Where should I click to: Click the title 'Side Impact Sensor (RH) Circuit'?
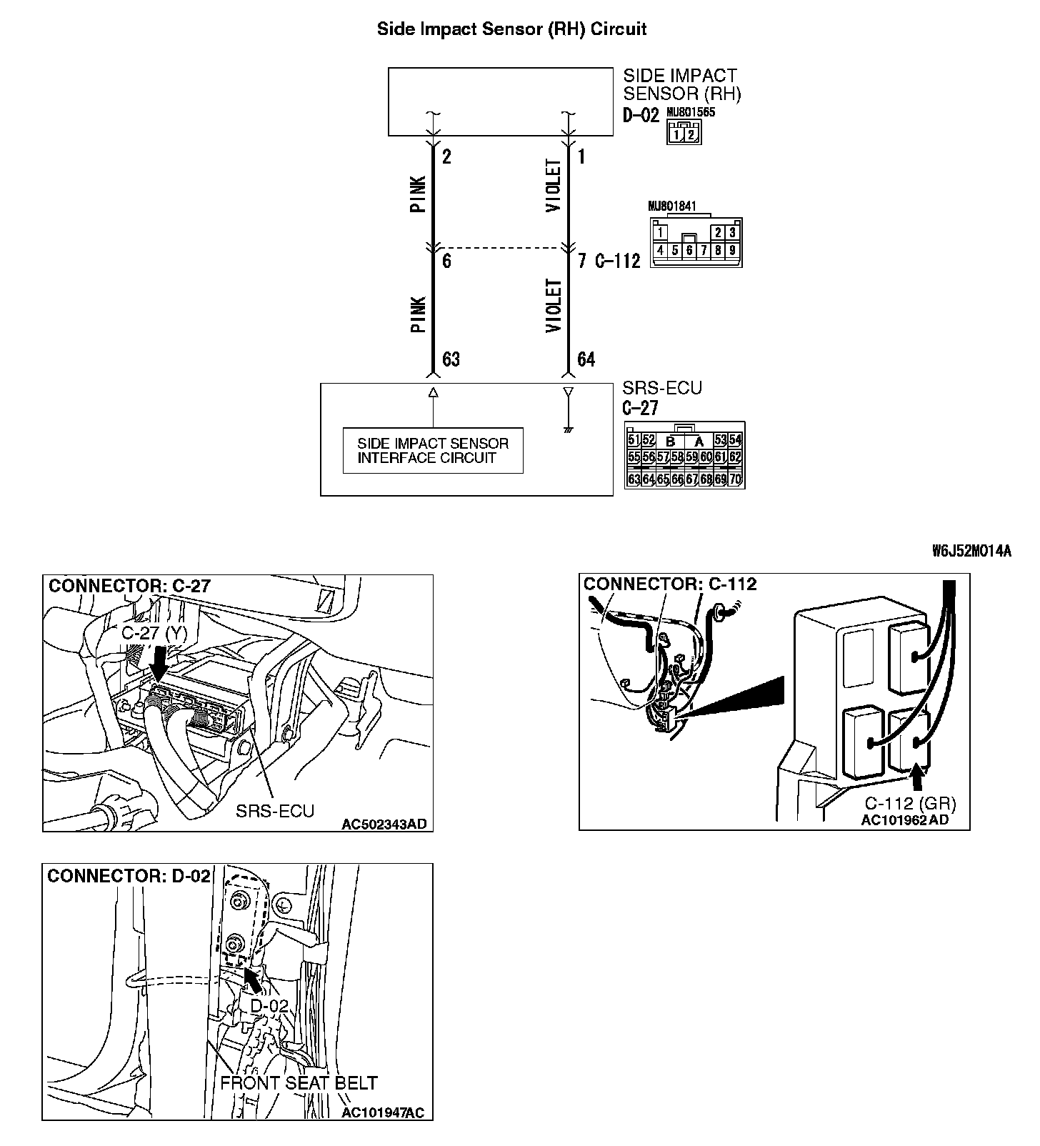[511, 29]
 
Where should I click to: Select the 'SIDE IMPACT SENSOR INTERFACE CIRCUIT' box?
[433, 451]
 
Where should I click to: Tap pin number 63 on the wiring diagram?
[451, 359]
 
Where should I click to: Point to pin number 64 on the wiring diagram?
[586, 359]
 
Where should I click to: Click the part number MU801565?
[691, 112]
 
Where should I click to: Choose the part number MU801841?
[672, 206]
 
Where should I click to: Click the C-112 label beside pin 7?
[617, 261]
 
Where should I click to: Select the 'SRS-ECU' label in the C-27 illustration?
[275, 811]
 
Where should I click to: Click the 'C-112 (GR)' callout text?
[910, 802]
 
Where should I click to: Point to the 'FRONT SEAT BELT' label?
[299, 1083]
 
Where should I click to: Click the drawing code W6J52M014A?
[971, 551]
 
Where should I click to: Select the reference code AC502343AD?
[384, 824]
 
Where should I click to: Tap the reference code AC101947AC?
[383, 1113]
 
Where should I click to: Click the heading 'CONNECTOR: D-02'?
[129, 876]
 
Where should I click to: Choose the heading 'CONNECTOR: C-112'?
[670, 584]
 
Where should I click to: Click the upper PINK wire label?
[419, 194]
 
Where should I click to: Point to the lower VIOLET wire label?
[554, 306]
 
